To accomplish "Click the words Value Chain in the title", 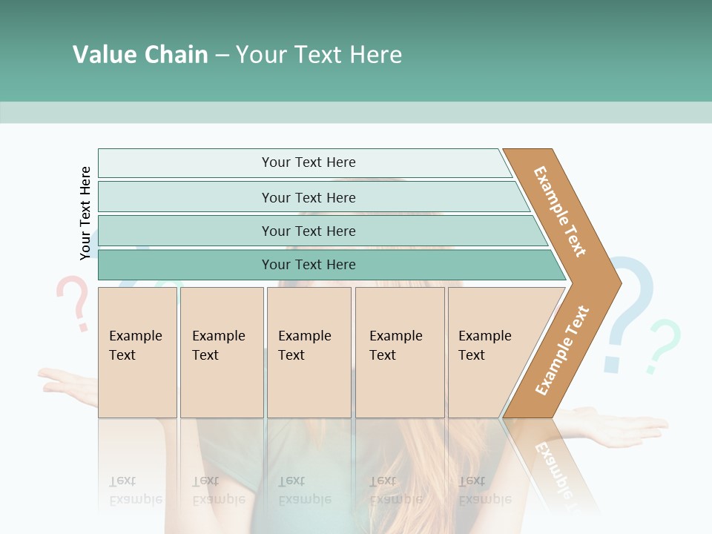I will [x=140, y=55].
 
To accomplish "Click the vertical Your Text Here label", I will [x=85, y=214].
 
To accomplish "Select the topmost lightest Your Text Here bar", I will [x=308, y=162].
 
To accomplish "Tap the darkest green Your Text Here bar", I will [x=308, y=265].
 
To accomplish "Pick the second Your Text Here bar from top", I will [x=308, y=197].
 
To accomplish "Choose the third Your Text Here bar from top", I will [x=308, y=231].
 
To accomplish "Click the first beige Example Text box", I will [x=137, y=352].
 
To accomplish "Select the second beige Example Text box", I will [x=221, y=352].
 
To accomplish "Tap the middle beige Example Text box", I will [x=309, y=352].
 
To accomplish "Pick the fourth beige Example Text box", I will [x=399, y=352].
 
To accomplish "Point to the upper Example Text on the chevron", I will [x=560, y=211].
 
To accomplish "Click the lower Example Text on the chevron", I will [x=562, y=350].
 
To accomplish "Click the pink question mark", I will [x=73, y=300].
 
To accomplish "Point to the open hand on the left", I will [x=67, y=382].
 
